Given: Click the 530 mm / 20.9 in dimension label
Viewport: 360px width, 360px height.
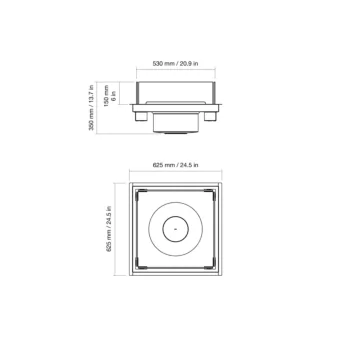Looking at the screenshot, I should pos(179,62).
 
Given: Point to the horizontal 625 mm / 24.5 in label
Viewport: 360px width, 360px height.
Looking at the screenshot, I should pos(179,163).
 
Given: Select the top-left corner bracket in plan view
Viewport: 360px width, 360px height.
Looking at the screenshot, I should pos(142,193).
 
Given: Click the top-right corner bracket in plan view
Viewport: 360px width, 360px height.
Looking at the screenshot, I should pos(218,193).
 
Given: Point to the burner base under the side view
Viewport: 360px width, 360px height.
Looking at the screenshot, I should pos(180,130).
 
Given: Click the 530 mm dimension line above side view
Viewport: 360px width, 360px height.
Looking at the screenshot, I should pos(180,71).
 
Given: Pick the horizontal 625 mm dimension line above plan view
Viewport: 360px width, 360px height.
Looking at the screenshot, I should pos(180,172).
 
